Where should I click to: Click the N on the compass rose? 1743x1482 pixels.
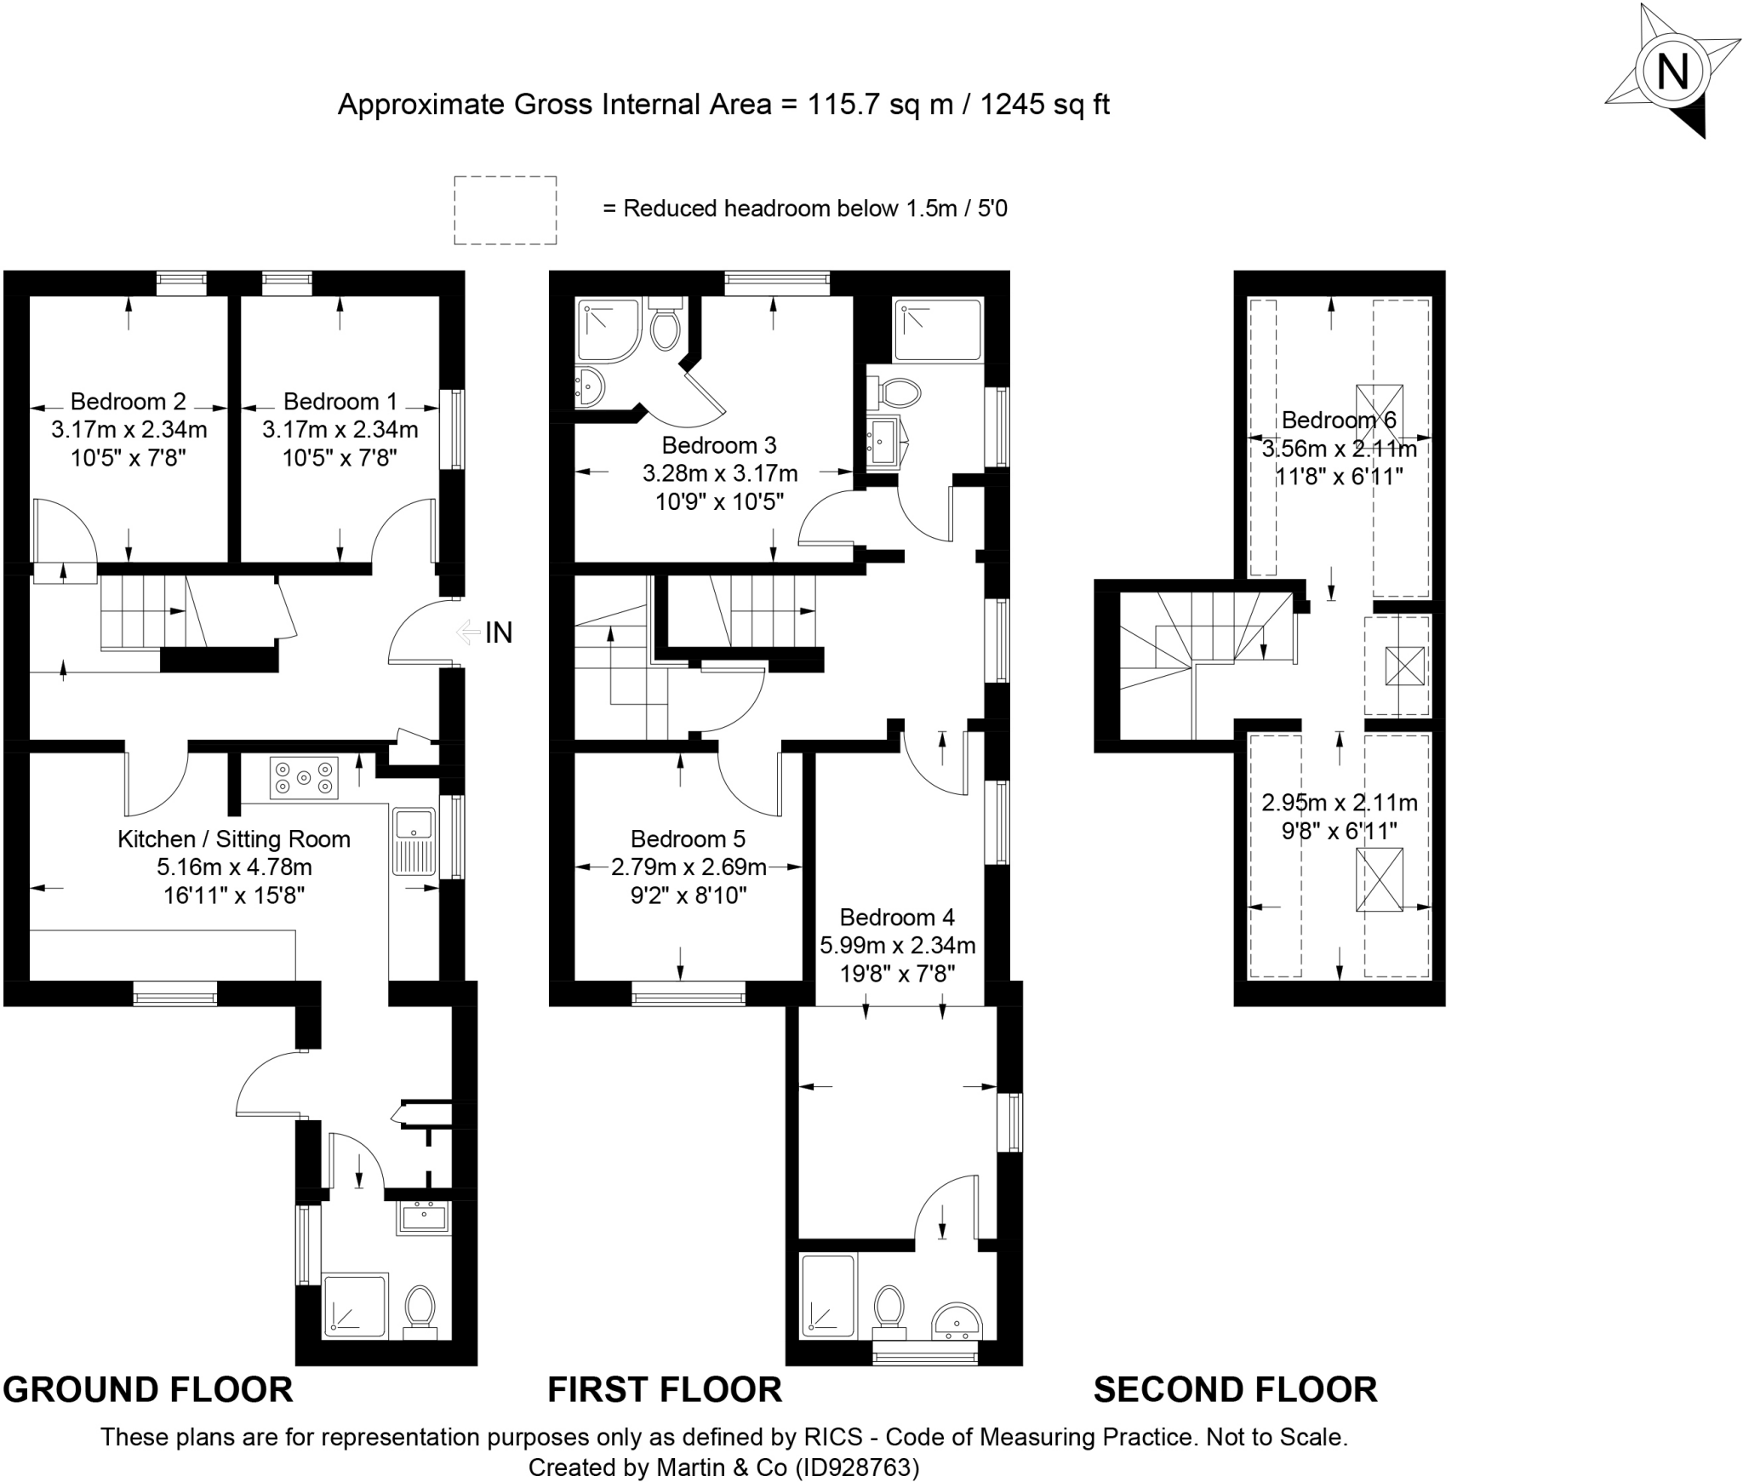1673,72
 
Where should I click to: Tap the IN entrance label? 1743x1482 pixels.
499,632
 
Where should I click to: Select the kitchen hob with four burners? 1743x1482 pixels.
304,777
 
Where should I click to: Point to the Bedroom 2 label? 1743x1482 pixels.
129,401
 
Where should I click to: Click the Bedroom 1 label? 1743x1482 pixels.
340,401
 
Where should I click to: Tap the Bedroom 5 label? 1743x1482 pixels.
688,839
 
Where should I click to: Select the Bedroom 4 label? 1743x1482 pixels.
897,917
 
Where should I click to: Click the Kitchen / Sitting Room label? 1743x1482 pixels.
234,839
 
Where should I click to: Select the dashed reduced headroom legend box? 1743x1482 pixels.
505,210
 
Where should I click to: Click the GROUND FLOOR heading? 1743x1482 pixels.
148,1389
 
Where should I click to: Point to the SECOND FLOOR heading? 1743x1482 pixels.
1235,1389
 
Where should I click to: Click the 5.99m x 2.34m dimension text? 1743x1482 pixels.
897,945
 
